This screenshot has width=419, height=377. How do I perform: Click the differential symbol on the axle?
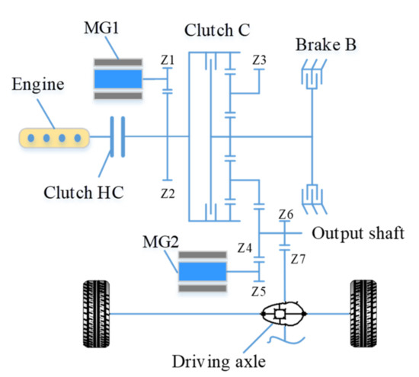click(x=281, y=313)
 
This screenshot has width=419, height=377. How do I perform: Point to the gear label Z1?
click(x=168, y=59)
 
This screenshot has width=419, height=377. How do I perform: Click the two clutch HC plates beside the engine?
click(x=117, y=137)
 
